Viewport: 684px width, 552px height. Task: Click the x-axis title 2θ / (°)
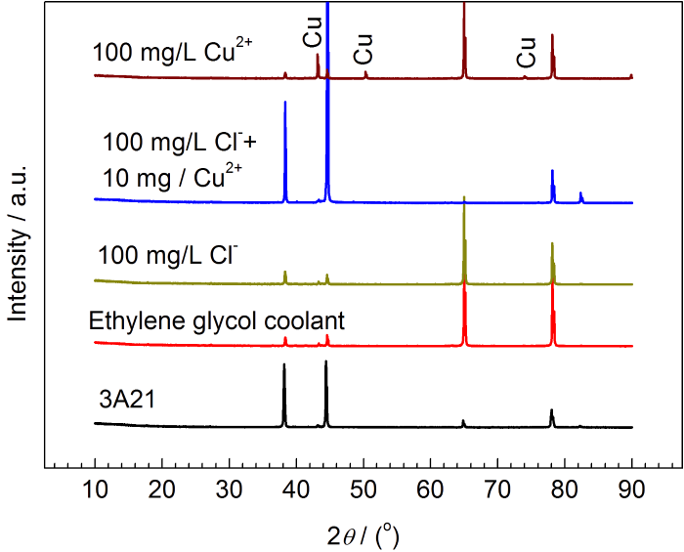coord(363,533)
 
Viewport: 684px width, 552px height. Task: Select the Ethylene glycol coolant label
coord(217,320)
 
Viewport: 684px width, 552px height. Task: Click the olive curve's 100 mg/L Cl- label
coord(168,256)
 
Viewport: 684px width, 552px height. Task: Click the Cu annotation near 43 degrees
coord(313,33)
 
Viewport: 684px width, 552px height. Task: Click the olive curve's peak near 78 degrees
coord(552,244)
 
